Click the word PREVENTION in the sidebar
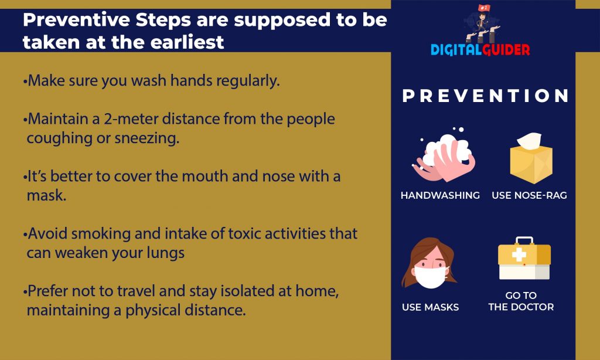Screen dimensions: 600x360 pyautogui.click(x=486, y=96)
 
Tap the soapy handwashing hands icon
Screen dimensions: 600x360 pyautogui.click(x=444, y=156)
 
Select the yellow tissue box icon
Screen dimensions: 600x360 pyautogui.click(x=531, y=158)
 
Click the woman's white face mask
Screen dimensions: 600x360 pyautogui.click(x=429, y=277)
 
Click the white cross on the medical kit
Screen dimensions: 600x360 pyautogui.click(x=519, y=254)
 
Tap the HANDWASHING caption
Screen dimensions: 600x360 pyautogui.click(x=440, y=195)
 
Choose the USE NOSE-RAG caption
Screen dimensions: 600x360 pyautogui.click(x=529, y=195)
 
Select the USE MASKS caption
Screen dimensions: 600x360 pyautogui.click(x=430, y=307)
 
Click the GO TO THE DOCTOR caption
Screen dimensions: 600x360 pyautogui.click(x=521, y=301)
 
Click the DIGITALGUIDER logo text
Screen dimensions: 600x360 pyautogui.click(x=480, y=50)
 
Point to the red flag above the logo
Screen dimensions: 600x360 pyautogui.click(x=484, y=8)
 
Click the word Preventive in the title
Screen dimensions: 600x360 pyautogui.click(x=77, y=20)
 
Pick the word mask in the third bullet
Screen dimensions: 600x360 pyautogui.click(x=46, y=195)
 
